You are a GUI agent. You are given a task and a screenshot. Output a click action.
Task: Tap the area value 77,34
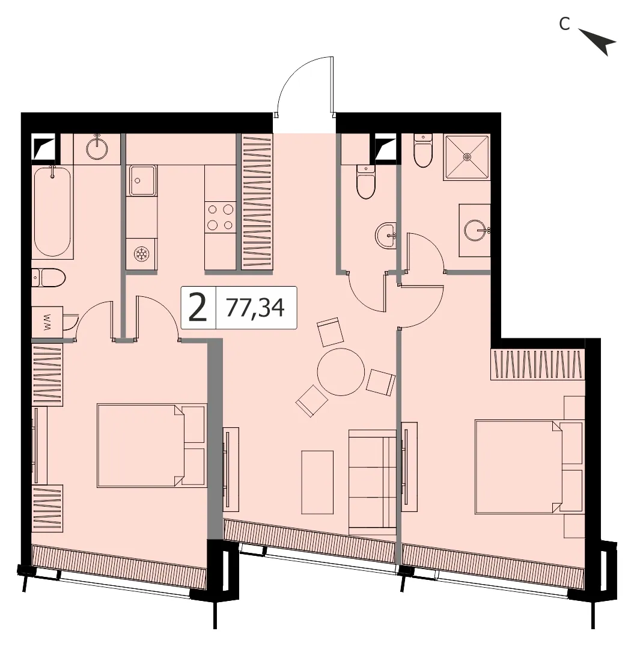pyautogui.click(x=255, y=308)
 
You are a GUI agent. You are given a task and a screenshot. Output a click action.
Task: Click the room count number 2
pyautogui.click(x=197, y=308)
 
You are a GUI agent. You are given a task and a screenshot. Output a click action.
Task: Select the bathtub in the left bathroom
pyautogui.click(x=52, y=212)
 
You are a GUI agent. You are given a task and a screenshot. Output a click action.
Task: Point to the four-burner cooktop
pyautogui.click(x=220, y=217)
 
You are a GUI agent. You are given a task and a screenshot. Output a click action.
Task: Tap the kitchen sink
pyautogui.click(x=142, y=180)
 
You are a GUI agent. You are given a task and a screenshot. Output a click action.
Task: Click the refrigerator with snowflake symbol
pyautogui.click(x=142, y=254)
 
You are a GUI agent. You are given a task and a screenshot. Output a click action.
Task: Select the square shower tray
pyautogui.click(x=467, y=157)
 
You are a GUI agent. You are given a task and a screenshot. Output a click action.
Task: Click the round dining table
pyautogui.click(x=341, y=371)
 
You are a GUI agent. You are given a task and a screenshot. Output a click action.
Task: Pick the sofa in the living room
pyautogui.click(x=372, y=483)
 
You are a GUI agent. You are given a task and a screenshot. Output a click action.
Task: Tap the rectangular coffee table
pyautogui.click(x=317, y=483)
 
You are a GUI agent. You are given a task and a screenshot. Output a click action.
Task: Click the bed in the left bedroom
pyautogui.click(x=151, y=445)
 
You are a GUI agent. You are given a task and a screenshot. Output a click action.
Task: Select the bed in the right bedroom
pyautogui.click(x=530, y=467)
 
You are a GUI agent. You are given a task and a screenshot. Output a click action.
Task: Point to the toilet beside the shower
pyautogui.click(x=422, y=150)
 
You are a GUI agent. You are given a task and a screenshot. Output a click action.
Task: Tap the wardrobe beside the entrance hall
pyautogui.click(x=257, y=202)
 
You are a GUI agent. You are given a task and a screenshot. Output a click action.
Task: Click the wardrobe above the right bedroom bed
pyautogui.click(x=538, y=364)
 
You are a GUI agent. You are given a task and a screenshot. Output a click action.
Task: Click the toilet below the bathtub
pyautogui.click(x=49, y=278)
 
